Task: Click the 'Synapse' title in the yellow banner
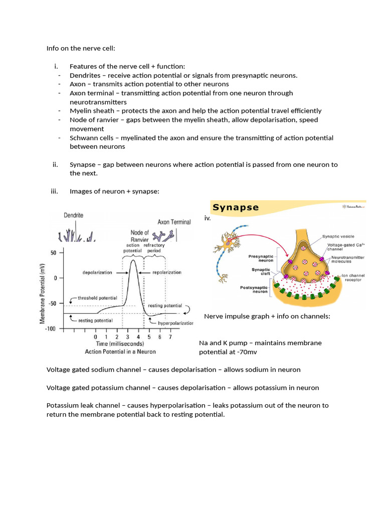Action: [x=236, y=207]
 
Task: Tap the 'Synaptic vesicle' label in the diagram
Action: [x=337, y=235]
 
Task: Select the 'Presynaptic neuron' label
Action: [x=261, y=259]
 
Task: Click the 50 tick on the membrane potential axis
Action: [x=54, y=253]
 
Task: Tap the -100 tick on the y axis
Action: [x=50, y=329]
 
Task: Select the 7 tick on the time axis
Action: [x=170, y=337]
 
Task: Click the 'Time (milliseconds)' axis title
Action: [x=120, y=344]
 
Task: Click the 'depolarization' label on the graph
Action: [x=97, y=273]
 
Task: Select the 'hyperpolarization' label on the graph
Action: [x=175, y=323]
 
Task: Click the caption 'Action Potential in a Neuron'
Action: [x=120, y=351]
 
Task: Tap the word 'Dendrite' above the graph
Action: [x=74, y=215]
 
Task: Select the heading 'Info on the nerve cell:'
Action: [x=81, y=49]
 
